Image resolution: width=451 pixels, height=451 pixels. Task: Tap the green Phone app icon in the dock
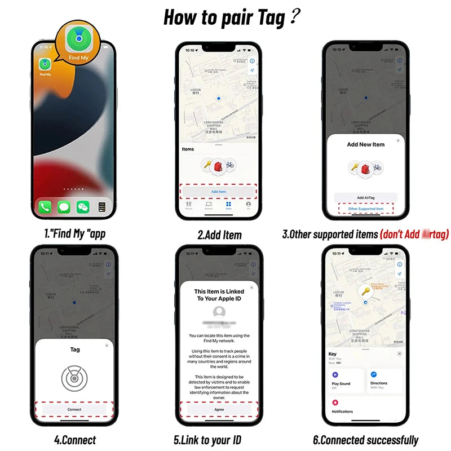pyautogui.click(x=45, y=207)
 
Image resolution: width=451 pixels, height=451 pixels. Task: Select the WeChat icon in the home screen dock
pyautogui.click(x=83, y=207)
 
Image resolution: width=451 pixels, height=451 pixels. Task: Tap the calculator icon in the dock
pyautogui.click(x=102, y=207)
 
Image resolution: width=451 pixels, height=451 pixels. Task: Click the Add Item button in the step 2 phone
pyautogui.click(x=218, y=192)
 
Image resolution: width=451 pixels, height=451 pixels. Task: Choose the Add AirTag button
pyautogui.click(x=365, y=198)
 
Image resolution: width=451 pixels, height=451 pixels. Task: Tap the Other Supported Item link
pyautogui.click(x=365, y=209)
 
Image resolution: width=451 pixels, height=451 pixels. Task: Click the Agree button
pyautogui.click(x=219, y=410)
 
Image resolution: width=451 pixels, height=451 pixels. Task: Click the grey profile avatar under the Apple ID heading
pyautogui.click(x=219, y=312)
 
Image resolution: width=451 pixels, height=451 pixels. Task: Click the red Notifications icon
pyautogui.click(x=335, y=403)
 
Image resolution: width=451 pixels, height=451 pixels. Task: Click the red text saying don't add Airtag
pyautogui.click(x=414, y=235)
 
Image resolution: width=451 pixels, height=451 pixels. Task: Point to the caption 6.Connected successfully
pyautogui.click(x=365, y=440)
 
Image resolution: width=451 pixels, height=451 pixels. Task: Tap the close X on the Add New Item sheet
pyautogui.click(x=398, y=140)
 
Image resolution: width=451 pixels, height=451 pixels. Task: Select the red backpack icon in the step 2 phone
pyautogui.click(x=218, y=166)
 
